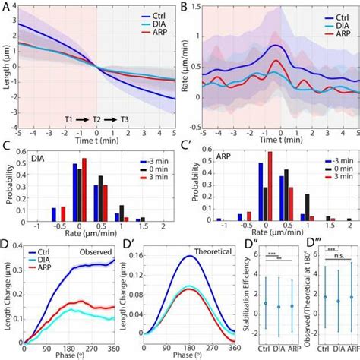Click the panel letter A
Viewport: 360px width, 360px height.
click(x=5, y=7)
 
